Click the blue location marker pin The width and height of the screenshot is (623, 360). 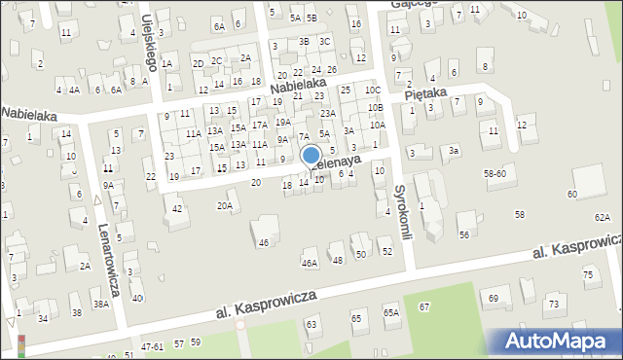tap(311, 156)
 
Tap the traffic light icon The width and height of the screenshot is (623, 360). tap(21, 344)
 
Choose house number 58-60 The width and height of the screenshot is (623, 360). tap(495, 173)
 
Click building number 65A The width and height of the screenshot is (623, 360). tap(390, 312)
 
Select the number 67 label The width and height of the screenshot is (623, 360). tap(423, 306)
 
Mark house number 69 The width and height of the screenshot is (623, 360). tap(494, 297)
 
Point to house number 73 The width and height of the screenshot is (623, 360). tap(553, 305)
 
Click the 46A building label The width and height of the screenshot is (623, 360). tap(310, 263)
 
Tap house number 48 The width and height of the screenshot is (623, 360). tap(338, 260)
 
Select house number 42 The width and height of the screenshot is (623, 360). tap(176, 208)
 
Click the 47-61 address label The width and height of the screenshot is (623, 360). tap(152, 345)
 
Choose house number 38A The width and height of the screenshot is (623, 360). tap(100, 304)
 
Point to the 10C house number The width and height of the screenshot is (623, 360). tap(373, 90)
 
